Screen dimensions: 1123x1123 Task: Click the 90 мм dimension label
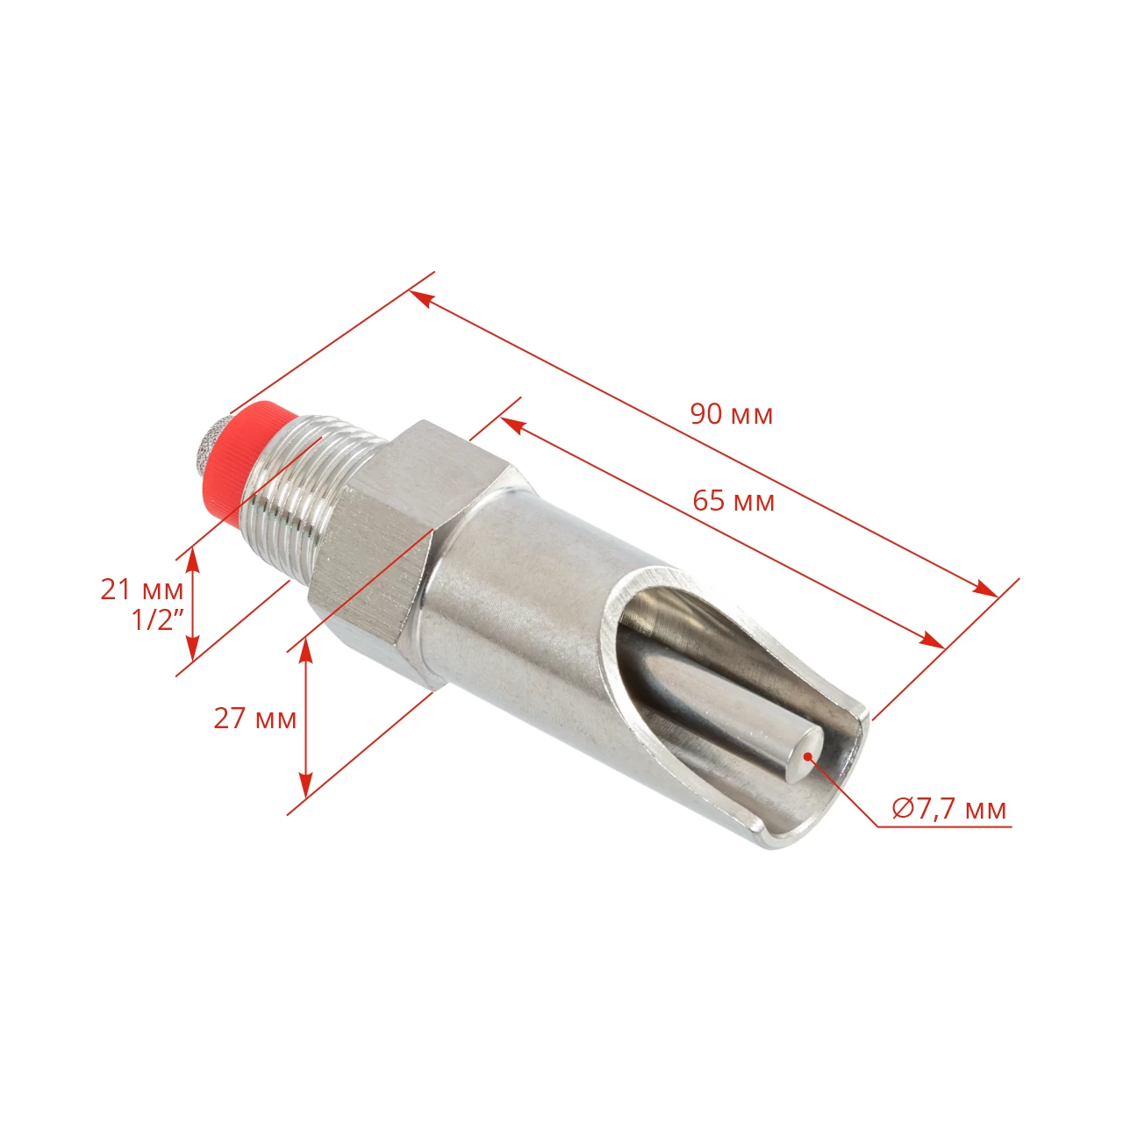732,413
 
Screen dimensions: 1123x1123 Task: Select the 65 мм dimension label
733,501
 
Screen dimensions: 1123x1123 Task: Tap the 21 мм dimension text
141,590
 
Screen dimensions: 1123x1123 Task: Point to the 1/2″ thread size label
158,620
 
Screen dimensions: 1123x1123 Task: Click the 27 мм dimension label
254,719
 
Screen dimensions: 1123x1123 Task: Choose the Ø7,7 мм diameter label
949,808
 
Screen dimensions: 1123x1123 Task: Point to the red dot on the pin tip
807,754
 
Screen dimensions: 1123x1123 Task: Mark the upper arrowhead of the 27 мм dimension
305,647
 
